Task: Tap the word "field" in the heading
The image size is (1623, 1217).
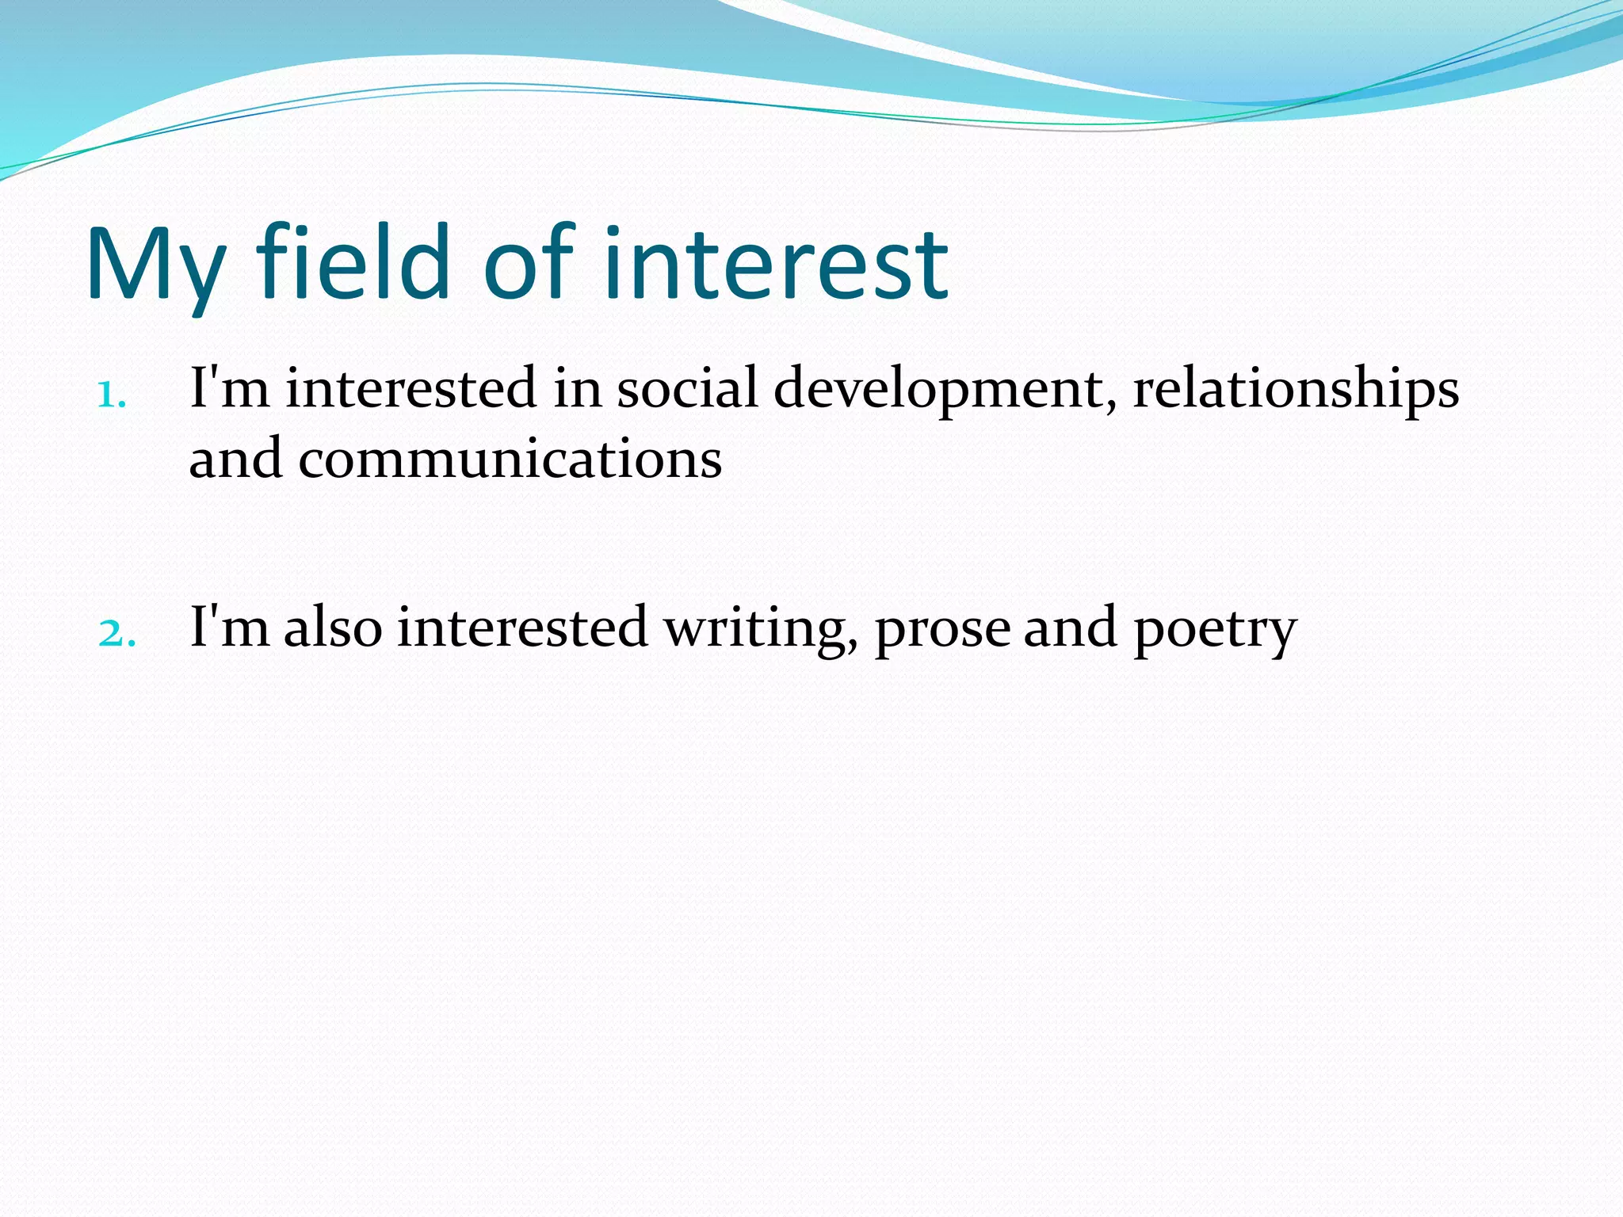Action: pyautogui.click(x=353, y=261)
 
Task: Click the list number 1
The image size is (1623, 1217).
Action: pyautogui.click(x=111, y=394)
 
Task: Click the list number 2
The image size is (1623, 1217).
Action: pyautogui.click(x=116, y=633)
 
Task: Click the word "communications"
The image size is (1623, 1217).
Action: pyautogui.click(x=510, y=460)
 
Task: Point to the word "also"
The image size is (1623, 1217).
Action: pyautogui.click(x=334, y=627)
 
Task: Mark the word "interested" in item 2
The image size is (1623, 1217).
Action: pyautogui.click(x=522, y=627)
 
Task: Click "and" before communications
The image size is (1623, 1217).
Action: pyautogui.click(x=235, y=460)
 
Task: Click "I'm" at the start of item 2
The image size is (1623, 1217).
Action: pyautogui.click(x=229, y=627)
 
